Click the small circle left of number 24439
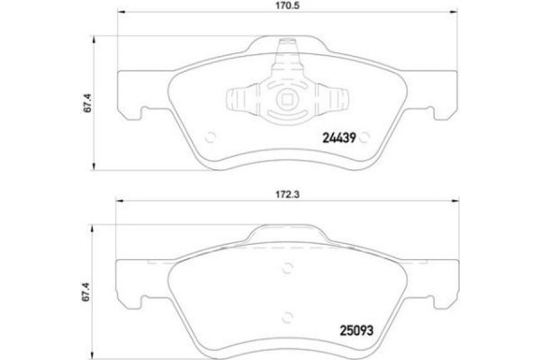click(x=213, y=138)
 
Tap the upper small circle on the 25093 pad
click(x=288, y=266)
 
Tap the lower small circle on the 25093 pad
click(x=288, y=316)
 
